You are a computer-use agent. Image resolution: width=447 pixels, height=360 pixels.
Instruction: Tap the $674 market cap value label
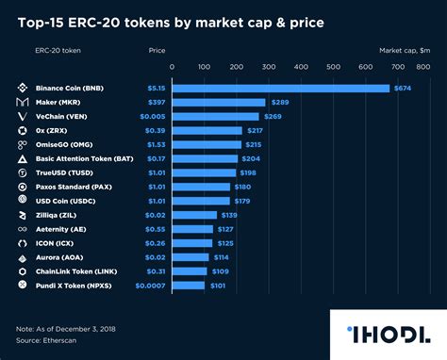[404, 88]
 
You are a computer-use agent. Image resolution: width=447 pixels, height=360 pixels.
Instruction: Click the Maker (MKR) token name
[63, 102]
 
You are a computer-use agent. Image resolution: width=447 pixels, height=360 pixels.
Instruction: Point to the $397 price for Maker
[156, 102]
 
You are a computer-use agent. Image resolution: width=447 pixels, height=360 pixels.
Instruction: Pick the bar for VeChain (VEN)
[215, 116]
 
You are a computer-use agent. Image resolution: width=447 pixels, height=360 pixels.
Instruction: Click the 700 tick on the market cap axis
[398, 68]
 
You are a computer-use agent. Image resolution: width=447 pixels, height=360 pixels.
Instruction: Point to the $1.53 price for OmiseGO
[156, 144]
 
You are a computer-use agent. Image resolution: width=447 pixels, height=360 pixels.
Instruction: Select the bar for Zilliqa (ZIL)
[193, 215]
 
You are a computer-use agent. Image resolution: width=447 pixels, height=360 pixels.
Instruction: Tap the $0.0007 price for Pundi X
[150, 285]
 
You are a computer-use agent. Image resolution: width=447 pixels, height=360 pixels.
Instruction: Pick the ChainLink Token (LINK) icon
[22, 270]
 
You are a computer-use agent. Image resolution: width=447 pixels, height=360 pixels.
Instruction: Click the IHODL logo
[387, 333]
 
